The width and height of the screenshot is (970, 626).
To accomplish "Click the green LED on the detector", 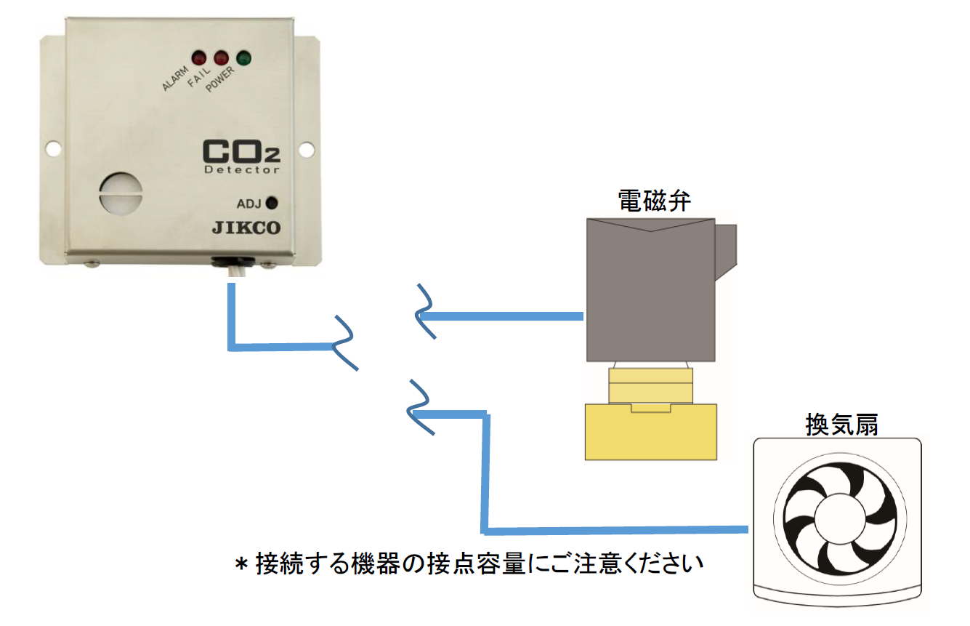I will click(243, 57).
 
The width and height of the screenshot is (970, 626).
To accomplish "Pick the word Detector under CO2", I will click(242, 169).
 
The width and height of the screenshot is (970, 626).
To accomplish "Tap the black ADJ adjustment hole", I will click(272, 203).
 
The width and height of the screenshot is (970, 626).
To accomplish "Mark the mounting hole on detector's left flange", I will click(53, 148).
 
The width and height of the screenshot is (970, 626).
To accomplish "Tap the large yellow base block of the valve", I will click(651, 433).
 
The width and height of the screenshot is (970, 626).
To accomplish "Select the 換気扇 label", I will click(841, 423).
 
